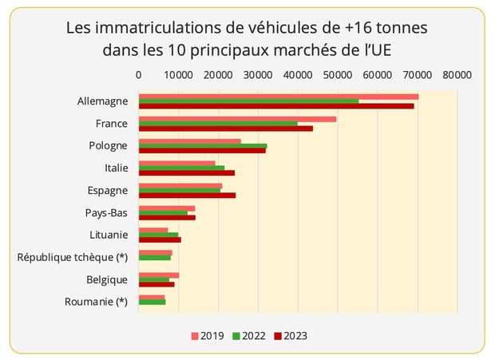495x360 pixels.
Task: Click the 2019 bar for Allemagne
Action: click(278, 97)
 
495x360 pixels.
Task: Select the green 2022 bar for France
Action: click(218, 124)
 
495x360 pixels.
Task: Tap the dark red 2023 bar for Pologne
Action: click(202, 150)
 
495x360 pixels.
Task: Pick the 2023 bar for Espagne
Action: click(187, 195)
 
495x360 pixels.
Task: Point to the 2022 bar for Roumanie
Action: click(152, 302)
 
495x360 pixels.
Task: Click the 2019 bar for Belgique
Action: click(159, 275)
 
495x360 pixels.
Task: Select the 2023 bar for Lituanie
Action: click(160, 239)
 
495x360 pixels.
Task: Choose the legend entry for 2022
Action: click(248, 336)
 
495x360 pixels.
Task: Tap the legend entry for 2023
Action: click(289, 336)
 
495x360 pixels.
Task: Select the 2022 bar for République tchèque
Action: click(155, 258)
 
